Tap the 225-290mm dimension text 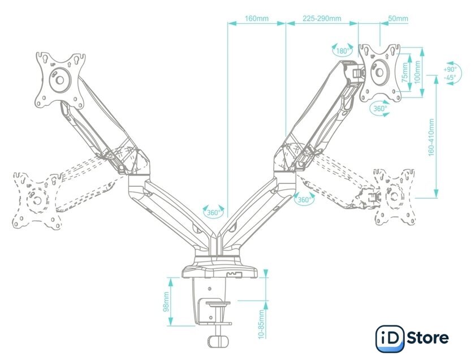322,19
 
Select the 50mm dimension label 398,19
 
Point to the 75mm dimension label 405,73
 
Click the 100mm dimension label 417,72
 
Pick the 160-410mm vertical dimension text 431,138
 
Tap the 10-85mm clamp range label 262,324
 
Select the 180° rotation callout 343,50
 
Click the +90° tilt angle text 450,70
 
